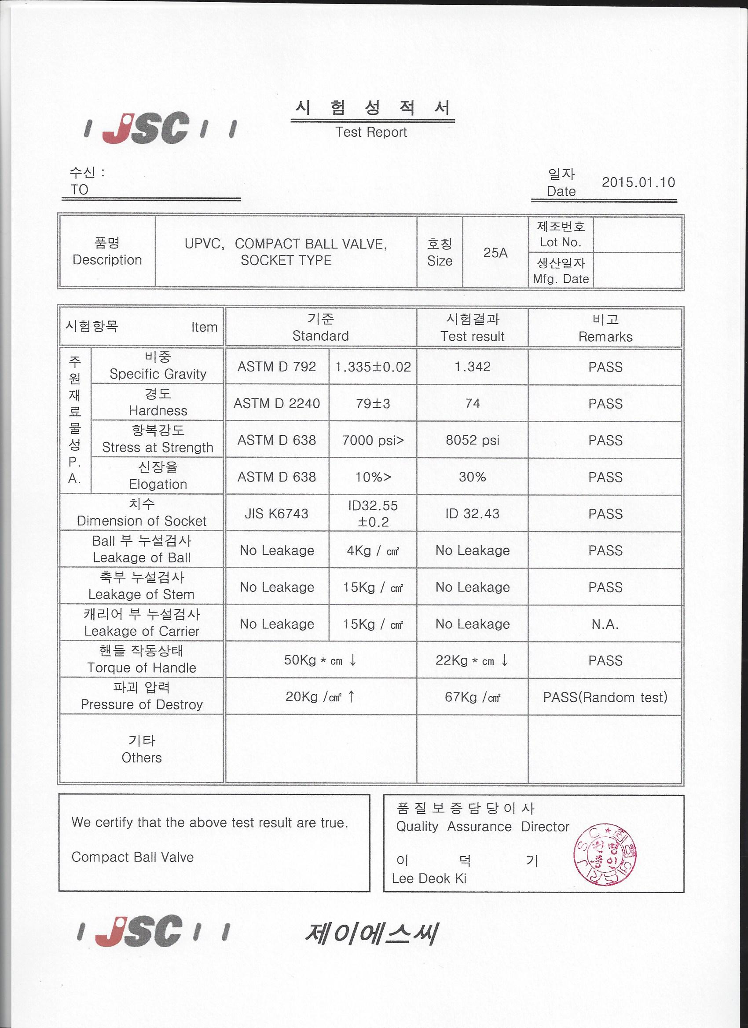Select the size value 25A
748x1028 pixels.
click(x=495, y=252)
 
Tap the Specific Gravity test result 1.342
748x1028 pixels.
click(x=472, y=366)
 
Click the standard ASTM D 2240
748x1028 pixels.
click(x=277, y=403)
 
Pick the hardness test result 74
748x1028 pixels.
click(x=472, y=403)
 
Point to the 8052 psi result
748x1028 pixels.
click(x=472, y=440)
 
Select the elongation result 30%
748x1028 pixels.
click(x=472, y=476)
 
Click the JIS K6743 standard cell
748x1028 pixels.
click(x=277, y=513)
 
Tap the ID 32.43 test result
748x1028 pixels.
click(x=472, y=513)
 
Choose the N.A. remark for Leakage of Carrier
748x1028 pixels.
click(x=605, y=624)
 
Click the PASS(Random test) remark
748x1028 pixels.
click(x=605, y=697)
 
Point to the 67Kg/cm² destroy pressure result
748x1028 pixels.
click(x=472, y=697)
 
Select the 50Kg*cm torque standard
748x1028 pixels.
click(x=320, y=660)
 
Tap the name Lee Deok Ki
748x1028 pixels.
click(x=429, y=879)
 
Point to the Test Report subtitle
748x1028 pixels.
click(x=371, y=132)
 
